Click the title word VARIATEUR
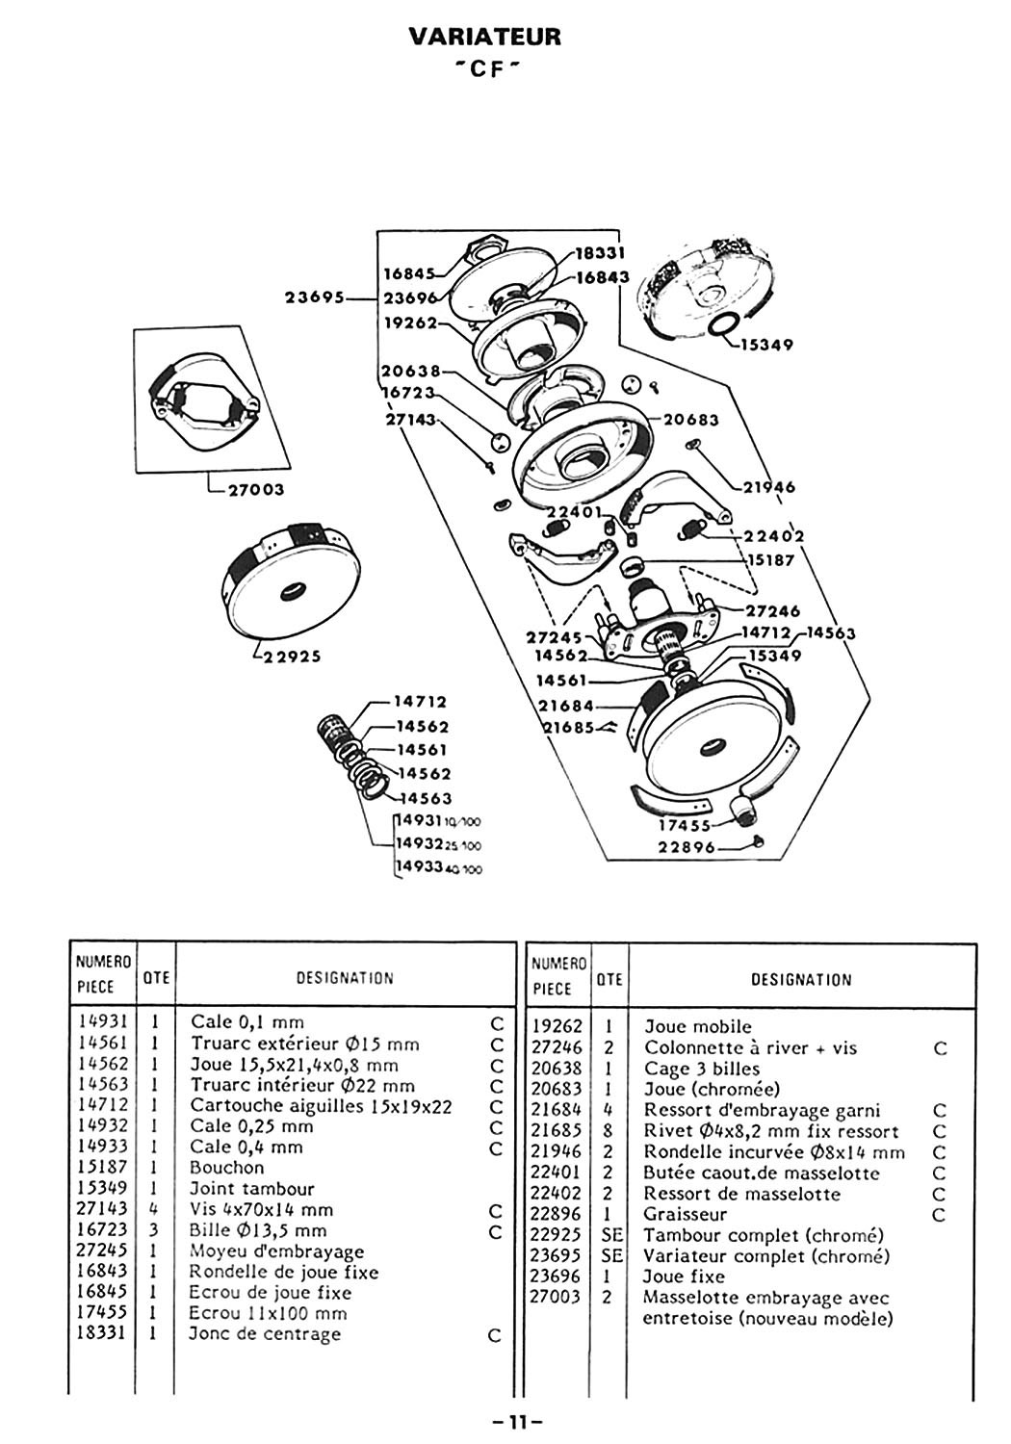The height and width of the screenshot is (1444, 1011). (485, 37)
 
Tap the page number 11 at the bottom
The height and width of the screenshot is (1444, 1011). (518, 1422)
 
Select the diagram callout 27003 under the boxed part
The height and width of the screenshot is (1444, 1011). (255, 489)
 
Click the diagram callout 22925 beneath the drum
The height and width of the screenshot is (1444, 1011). (292, 657)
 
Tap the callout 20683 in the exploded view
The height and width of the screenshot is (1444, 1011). (690, 420)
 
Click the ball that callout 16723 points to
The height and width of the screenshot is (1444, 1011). (499, 442)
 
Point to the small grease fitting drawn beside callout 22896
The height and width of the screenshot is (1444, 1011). (758, 840)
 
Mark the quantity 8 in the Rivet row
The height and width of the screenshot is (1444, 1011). (608, 1131)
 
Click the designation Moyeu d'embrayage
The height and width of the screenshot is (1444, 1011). (276, 1251)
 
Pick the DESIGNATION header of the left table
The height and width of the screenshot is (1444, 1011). (345, 978)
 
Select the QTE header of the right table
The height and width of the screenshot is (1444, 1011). (609, 979)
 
